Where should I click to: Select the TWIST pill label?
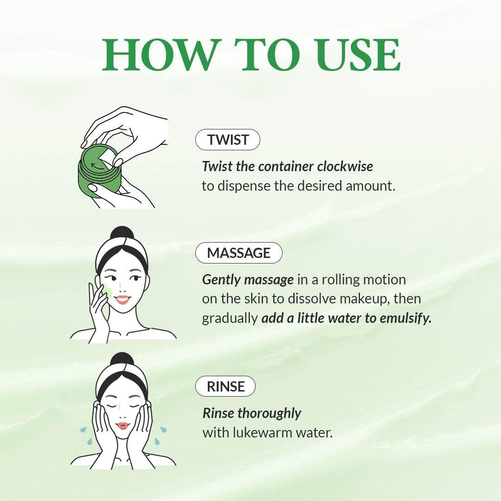(228, 140)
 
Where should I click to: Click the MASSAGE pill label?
(238, 253)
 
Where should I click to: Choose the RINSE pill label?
(225, 386)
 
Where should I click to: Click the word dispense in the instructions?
(249, 186)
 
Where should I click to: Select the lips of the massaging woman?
(122, 299)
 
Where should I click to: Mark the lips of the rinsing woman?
(122, 425)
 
